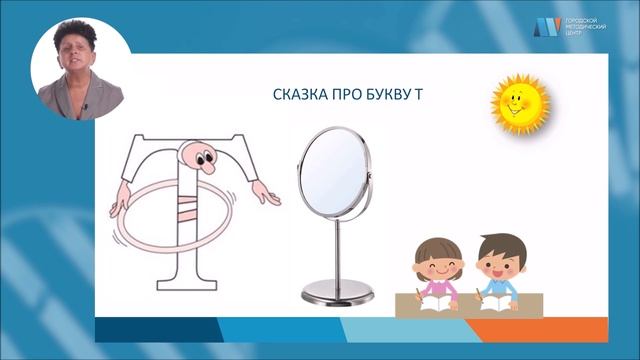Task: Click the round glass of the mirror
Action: [x=334, y=174]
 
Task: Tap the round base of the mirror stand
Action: [x=335, y=294]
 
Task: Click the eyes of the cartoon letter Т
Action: [x=205, y=156]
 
